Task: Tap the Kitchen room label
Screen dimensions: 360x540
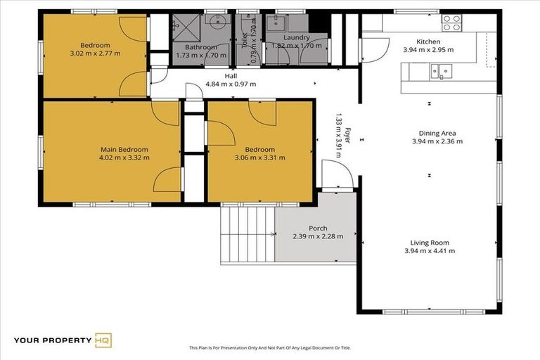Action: [x=428, y=41]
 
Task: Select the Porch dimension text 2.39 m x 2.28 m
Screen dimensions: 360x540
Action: [x=318, y=236]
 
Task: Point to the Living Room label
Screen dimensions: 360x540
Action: [x=429, y=243]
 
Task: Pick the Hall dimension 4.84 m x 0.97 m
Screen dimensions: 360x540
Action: [x=231, y=84]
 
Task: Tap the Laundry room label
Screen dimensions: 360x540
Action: [x=296, y=37]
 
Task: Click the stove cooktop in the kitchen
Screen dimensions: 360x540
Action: [x=451, y=23]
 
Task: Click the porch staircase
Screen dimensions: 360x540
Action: [x=247, y=235]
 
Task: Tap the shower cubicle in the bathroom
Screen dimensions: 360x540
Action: [x=187, y=25]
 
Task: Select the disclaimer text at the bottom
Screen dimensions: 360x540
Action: [x=270, y=347]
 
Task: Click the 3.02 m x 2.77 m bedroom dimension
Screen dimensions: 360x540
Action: [x=95, y=53]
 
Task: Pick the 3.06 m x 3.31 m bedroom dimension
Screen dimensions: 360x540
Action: [x=260, y=157]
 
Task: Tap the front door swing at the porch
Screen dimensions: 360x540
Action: [x=333, y=174]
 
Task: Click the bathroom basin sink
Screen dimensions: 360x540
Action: [x=215, y=22]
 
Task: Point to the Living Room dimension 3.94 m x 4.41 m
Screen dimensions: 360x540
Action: [x=429, y=251]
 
